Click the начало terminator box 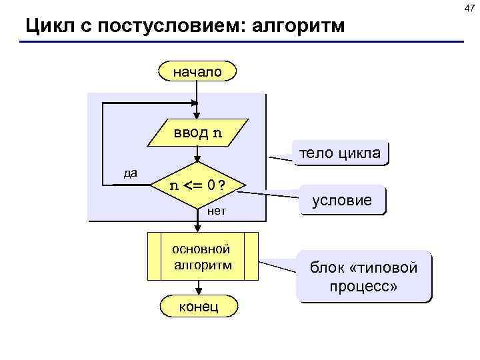point(197,71)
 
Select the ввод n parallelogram point(198,133)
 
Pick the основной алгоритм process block point(203,257)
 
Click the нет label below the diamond point(217,211)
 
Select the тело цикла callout point(340,153)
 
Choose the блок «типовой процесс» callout point(363,277)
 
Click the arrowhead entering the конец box point(198,291)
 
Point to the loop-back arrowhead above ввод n point(194,103)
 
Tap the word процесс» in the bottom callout point(363,287)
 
